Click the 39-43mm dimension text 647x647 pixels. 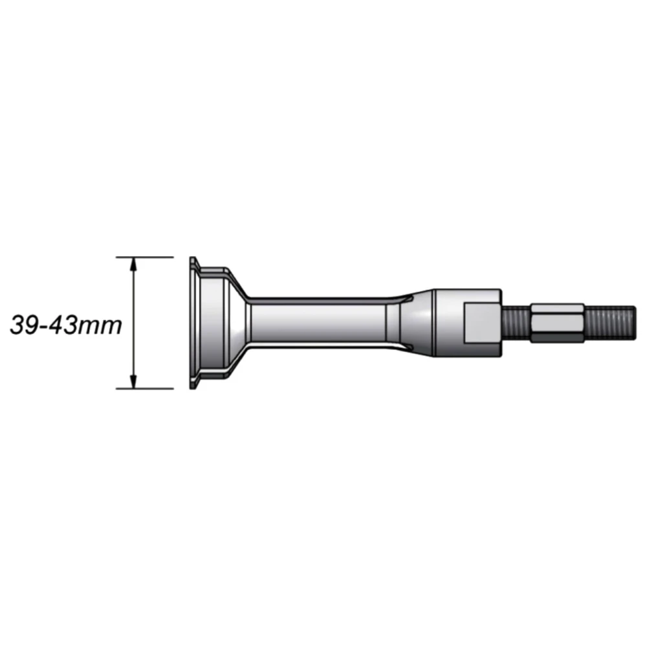(66, 325)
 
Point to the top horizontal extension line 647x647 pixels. (144, 257)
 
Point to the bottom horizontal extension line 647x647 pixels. (144, 389)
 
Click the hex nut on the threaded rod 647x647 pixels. (557, 323)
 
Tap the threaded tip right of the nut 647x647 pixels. (610, 323)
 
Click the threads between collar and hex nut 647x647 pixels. (516, 323)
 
